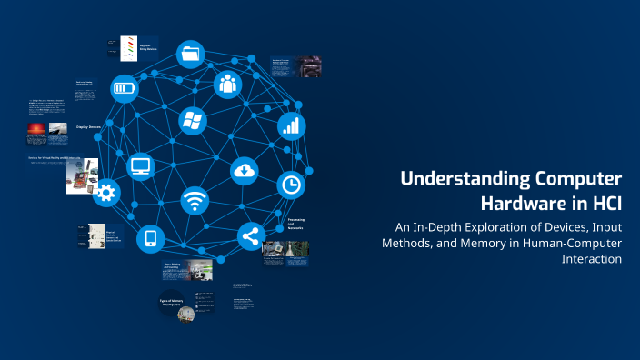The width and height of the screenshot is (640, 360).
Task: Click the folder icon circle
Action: click(x=190, y=54)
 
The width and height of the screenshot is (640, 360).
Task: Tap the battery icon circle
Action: click(x=125, y=89)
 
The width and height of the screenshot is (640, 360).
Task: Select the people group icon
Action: click(x=228, y=85)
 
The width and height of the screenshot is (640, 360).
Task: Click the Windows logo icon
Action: click(x=192, y=120)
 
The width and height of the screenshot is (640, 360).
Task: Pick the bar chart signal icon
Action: click(x=291, y=125)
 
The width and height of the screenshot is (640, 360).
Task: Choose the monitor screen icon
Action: click(x=141, y=165)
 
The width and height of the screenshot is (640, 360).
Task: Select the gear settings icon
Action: click(x=107, y=192)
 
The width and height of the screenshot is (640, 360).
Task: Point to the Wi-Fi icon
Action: click(x=195, y=200)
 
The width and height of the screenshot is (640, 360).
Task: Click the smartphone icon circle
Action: click(x=151, y=239)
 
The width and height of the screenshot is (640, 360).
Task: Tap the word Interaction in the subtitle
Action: click(x=592, y=258)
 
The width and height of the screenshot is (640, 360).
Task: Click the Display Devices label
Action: click(x=89, y=128)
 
